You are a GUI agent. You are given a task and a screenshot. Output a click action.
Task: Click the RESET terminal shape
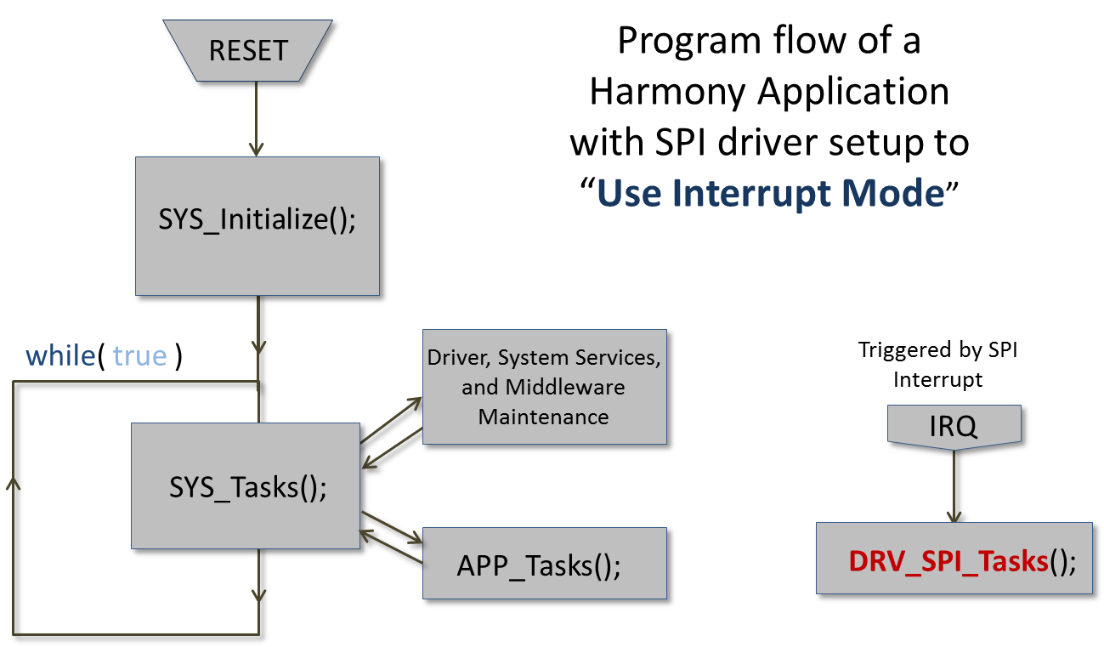pyautogui.click(x=248, y=50)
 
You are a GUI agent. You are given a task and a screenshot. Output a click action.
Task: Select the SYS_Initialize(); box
pyautogui.click(x=257, y=221)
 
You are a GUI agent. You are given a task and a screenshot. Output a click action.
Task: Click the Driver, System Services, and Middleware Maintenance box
pyautogui.click(x=543, y=387)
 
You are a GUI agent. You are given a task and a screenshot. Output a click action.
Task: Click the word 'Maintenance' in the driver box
pyautogui.click(x=543, y=417)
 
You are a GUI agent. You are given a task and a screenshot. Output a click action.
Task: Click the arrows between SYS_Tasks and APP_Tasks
pyautogui.click(x=391, y=534)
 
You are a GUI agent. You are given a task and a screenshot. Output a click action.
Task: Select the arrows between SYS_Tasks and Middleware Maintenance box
pyautogui.click(x=391, y=434)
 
